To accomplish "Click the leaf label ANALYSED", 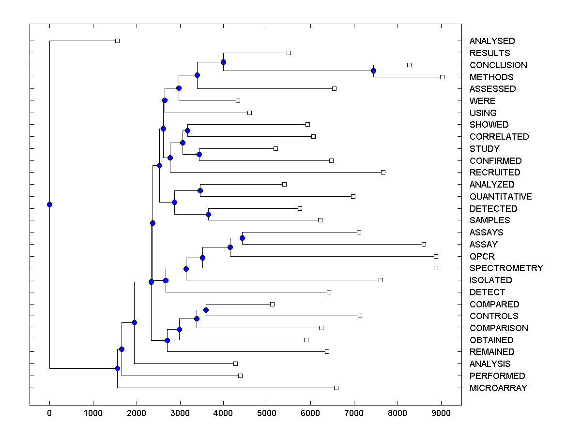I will pos(492,41).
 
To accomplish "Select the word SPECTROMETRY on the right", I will pos(506,268).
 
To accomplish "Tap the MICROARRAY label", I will pos(498,388).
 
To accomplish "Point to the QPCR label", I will pos(482,257).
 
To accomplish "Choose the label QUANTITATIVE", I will pos(500,197).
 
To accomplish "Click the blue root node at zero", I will pos(49,204).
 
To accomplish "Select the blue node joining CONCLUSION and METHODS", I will pos(373,71).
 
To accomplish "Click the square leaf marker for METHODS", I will pos(442,77).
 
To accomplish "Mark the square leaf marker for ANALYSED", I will pos(117,41).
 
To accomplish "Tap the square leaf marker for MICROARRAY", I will pos(336,388).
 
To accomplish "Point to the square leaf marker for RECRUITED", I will pos(383,172).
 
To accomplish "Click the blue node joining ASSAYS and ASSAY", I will pos(242,238).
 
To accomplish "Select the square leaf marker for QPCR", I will pos(436,256).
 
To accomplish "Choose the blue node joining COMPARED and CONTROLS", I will pos(206,310).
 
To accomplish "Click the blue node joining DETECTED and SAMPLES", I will pos(208,214).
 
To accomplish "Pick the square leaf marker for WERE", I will pos(238,101).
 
